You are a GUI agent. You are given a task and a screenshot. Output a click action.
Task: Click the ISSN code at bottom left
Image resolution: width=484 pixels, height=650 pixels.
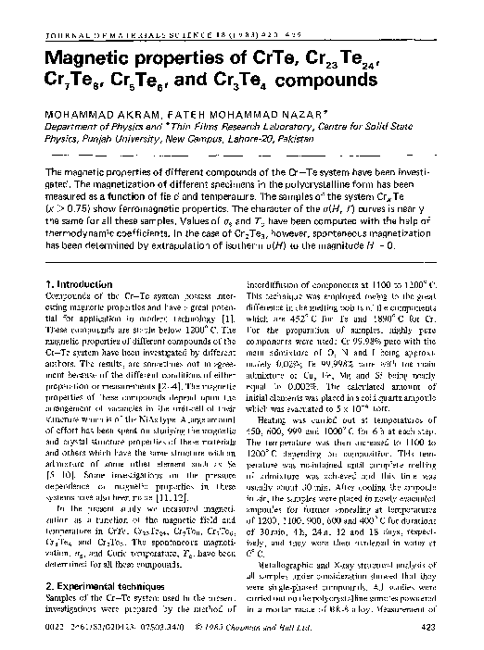[72, 631]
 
